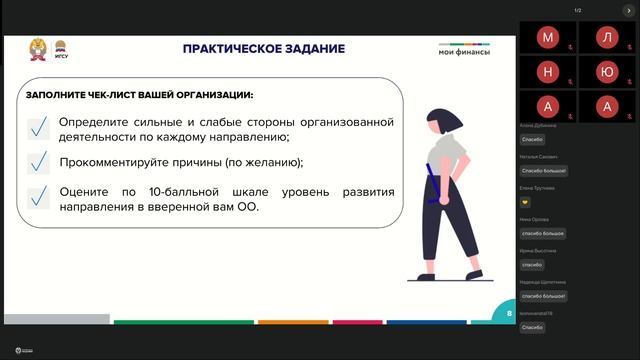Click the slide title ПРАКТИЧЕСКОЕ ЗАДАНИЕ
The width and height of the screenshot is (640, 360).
(x=263, y=49)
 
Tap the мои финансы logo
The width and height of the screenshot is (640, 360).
(x=465, y=51)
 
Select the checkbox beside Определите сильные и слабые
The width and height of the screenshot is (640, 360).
(x=39, y=128)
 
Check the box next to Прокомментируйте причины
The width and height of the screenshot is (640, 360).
(x=39, y=162)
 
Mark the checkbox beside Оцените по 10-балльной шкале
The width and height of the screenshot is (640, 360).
(x=39, y=197)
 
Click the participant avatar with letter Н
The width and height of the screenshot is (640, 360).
(x=548, y=72)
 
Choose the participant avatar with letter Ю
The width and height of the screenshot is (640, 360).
(x=606, y=72)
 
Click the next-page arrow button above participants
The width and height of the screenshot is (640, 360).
(x=629, y=10)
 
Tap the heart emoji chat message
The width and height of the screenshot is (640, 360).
(x=526, y=201)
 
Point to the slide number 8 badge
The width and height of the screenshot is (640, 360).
(x=509, y=313)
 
